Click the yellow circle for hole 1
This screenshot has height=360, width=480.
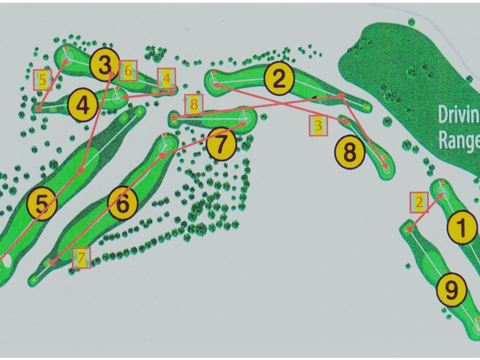click(x=462, y=227)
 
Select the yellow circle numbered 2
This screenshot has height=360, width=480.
click(x=279, y=78)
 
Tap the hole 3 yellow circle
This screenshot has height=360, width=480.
click(x=105, y=64)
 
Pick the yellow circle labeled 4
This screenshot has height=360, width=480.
click(x=83, y=105)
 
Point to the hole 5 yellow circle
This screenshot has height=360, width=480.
click(x=42, y=204)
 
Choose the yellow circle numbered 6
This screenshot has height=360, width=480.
click(x=123, y=203)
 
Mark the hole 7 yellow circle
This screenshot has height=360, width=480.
click(x=221, y=144)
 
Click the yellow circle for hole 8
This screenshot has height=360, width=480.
click(x=350, y=152)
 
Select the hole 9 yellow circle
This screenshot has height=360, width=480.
click(x=451, y=290)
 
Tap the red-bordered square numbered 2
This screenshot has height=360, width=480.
click(x=419, y=203)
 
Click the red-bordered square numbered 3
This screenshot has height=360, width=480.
click(x=318, y=126)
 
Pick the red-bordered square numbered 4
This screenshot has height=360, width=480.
click(x=167, y=79)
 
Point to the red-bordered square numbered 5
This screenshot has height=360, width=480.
click(x=42, y=80)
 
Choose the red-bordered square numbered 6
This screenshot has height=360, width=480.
click(x=128, y=70)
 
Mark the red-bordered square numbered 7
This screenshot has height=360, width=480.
click(x=81, y=258)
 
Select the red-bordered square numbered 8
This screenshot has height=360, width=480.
click(x=194, y=105)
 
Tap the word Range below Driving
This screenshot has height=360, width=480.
click(x=459, y=139)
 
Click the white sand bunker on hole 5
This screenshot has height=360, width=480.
click(x=7, y=260)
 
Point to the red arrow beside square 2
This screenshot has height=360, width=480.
click(x=426, y=211)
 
